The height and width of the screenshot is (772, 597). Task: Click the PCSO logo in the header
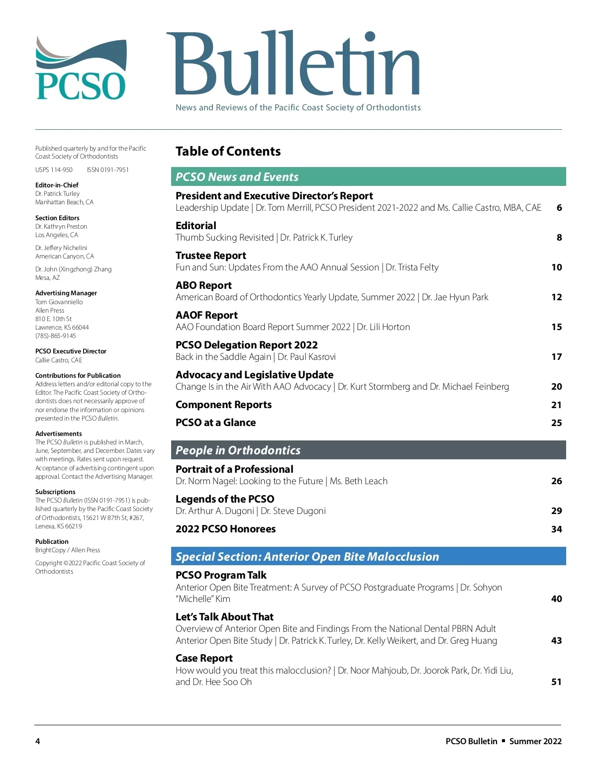click(81, 69)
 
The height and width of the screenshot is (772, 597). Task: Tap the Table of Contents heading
click(228, 151)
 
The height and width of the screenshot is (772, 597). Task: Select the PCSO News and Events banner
click(368, 176)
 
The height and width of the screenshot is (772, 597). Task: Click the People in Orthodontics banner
click(368, 450)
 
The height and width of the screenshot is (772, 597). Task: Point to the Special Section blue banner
click(368, 556)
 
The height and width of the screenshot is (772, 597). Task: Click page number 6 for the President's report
click(559, 208)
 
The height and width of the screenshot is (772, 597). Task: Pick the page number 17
click(556, 357)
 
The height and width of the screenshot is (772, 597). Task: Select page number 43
click(556, 641)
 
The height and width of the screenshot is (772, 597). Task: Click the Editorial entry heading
click(196, 226)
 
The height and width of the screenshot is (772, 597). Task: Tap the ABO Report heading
click(203, 285)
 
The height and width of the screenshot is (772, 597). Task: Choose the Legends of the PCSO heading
click(225, 499)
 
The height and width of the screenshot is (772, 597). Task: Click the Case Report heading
click(204, 658)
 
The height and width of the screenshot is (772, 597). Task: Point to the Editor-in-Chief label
click(57, 185)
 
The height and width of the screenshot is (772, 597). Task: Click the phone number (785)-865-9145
click(56, 336)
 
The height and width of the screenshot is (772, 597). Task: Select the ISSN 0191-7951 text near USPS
click(107, 170)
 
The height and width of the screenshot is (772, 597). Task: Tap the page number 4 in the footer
click(38, 741)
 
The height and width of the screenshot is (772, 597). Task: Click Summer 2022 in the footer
click(535, 741)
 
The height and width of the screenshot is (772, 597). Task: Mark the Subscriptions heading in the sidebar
click(55, 492)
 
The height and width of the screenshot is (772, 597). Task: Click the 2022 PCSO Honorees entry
click(225, 529)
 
